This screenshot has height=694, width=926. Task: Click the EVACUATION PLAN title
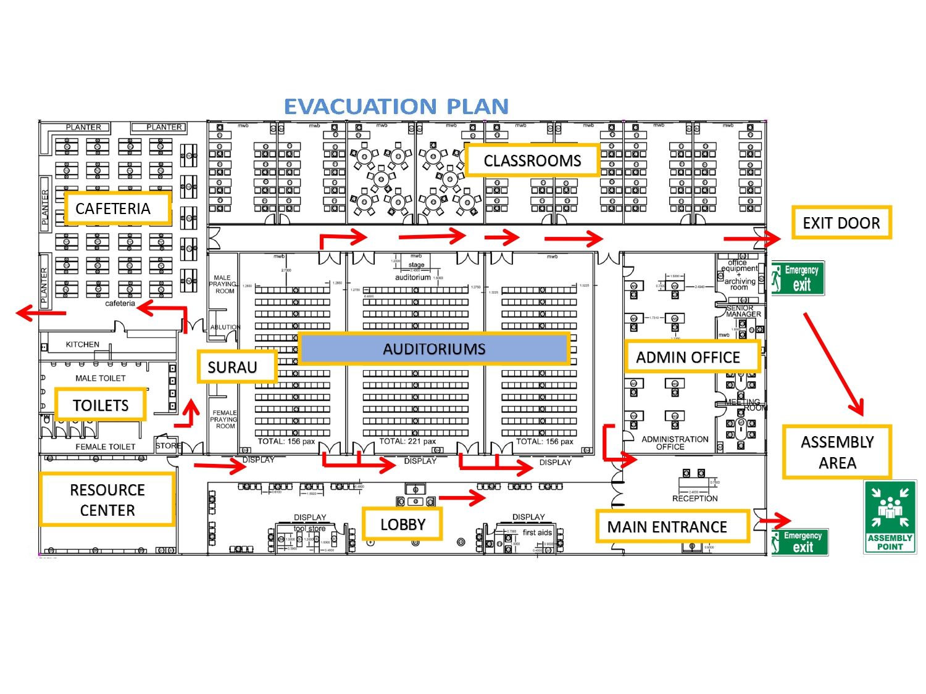(396, 107)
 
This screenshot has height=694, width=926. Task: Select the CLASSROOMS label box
(532, 160)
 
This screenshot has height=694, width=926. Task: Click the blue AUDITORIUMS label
(434, 349)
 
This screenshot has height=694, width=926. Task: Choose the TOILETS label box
(101, 405)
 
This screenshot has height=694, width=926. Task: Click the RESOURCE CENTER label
(107, 500)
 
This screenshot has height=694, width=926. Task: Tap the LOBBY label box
(403, 524)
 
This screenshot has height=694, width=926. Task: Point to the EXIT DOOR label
(841, 223)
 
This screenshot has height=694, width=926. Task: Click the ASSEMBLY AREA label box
(836, 452)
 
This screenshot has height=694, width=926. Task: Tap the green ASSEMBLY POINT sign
(890, 517)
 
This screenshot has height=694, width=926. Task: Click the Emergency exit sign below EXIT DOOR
(798, 278)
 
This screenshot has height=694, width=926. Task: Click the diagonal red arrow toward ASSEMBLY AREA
(833, 363)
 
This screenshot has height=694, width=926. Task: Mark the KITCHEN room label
(83, 344)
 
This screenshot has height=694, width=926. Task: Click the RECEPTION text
(694, 498)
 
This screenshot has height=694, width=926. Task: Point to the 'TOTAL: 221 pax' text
(407, 441)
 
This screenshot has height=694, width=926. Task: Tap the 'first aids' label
(537, 532)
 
